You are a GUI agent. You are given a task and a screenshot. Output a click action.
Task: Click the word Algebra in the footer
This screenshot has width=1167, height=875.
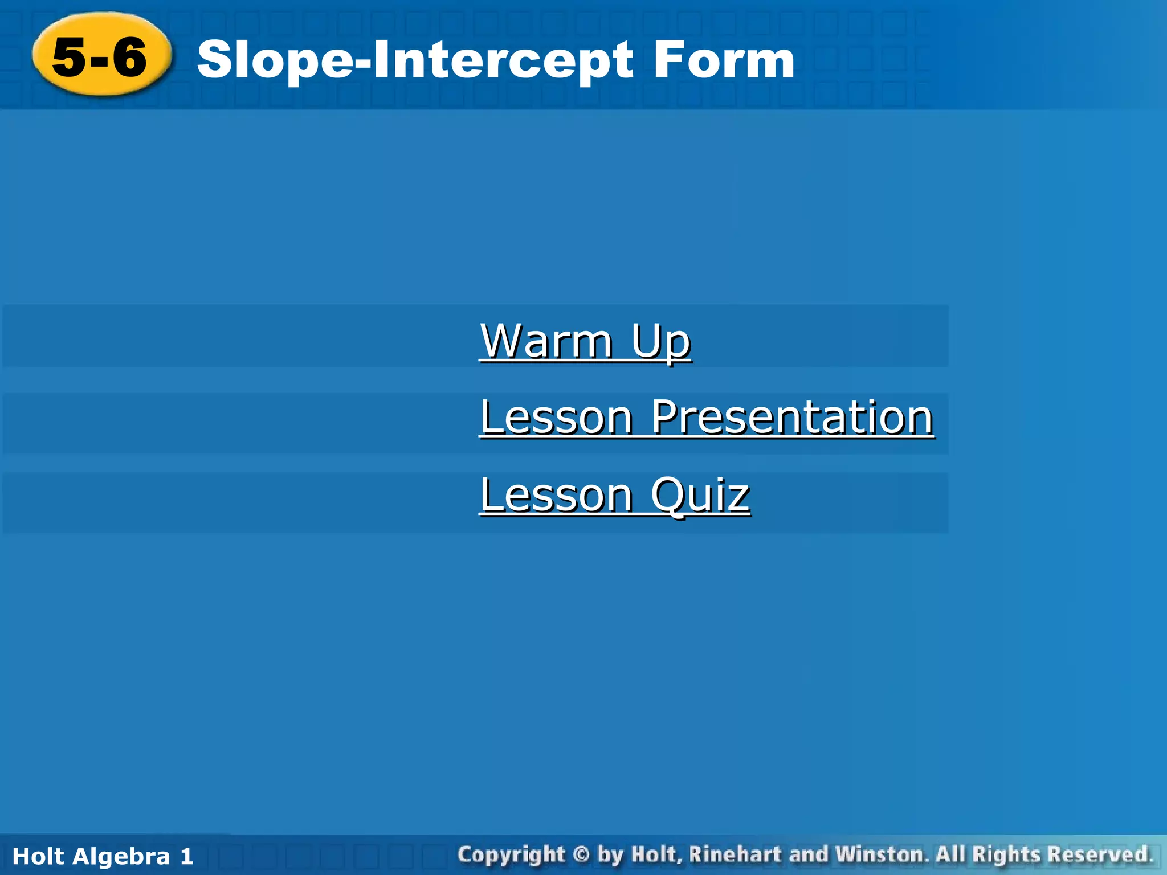click(121, 856)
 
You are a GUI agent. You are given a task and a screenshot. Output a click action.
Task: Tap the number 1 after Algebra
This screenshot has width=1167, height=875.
click(187, 856)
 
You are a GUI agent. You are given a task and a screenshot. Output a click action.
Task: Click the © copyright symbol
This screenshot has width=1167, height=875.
click(581, 854)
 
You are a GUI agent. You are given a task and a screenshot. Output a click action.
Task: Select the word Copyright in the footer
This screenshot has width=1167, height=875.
click(511, 855)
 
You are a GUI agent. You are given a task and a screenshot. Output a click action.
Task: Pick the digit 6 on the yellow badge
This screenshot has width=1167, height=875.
click(129, 57)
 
